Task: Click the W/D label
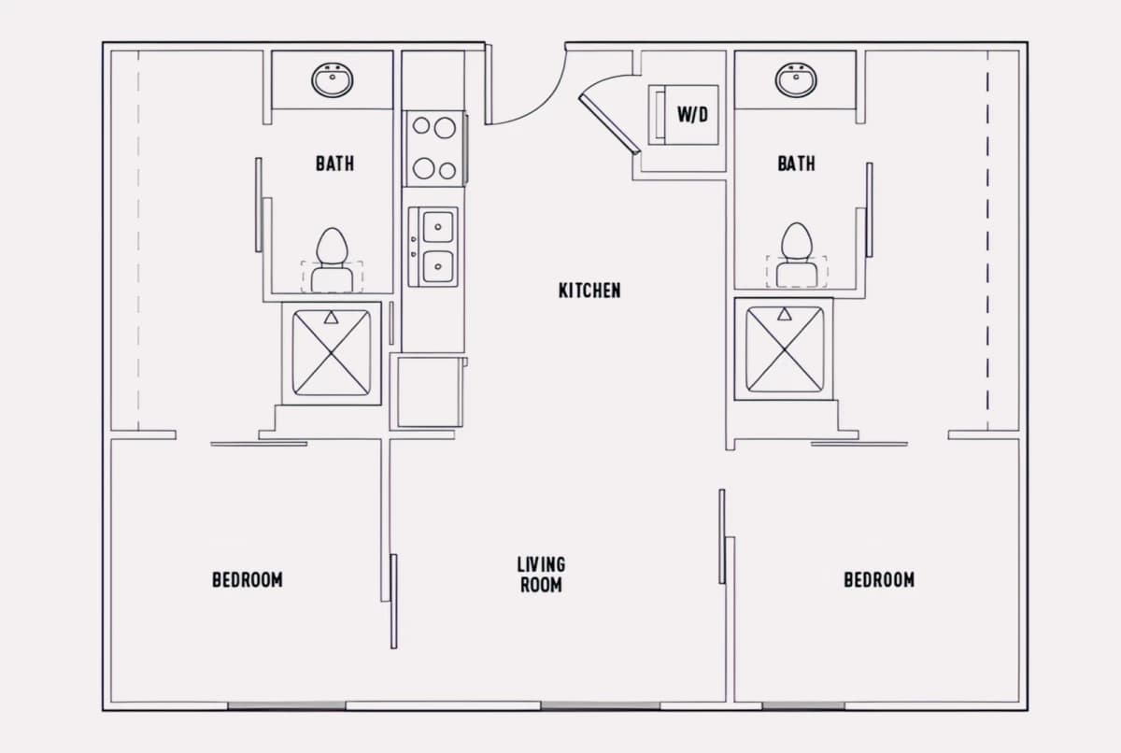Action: tap(692, 115)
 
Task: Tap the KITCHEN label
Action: tap(589, 291)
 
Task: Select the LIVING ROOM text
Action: tap(541, 575)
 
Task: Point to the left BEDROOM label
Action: tap(248, 580)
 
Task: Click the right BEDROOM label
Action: tap(879, 580)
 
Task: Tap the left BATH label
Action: tap(334, 163)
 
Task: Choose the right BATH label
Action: tap(796, 163)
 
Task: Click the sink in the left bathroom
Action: tap(333, 80)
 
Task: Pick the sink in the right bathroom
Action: tap(796, 80)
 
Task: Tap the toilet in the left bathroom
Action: tap(332, 260)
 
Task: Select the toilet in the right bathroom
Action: tap(797, 255)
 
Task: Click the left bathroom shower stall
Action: tap(332, 353)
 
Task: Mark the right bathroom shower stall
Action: tap(784, 348)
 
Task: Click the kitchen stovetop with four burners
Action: tap(434, 149)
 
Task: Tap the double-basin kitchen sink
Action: tap(433, 248)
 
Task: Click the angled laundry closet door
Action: tap(609, 124)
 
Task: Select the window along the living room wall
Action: tap(600, 706)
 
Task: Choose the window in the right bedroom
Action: tap(803, 706)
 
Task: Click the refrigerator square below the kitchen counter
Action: tap(430, 391)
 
